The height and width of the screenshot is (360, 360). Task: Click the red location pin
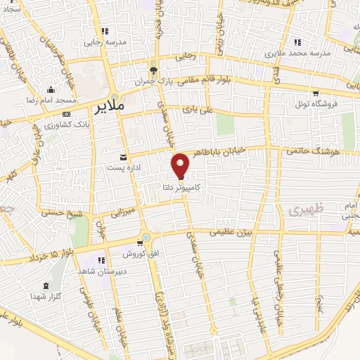coord(181,165)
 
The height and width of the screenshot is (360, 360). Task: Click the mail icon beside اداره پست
coord(124,156)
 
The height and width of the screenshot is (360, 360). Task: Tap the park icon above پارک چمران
coord(153,70)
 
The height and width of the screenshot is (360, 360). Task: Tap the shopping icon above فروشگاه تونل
coord(316,94)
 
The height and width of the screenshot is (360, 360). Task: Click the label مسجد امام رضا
coord(51,101)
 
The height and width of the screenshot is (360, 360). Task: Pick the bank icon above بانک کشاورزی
coord(65,113)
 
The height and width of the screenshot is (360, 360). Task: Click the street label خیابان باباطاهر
coord(240,150)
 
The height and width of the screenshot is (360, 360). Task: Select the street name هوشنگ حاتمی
coord(314,150)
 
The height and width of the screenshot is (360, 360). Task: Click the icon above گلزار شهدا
coord(46,285)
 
